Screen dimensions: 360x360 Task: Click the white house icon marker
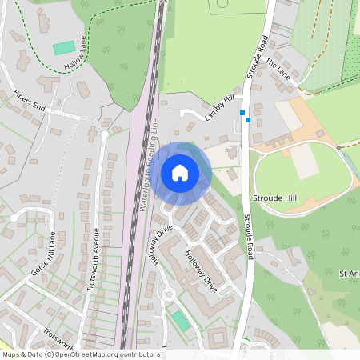click(x=180, y=172)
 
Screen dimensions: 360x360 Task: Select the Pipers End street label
click(x=30, y=98)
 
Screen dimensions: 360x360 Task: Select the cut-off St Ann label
click(x=349, y=274)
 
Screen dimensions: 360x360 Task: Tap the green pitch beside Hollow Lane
click(x=63, y=48)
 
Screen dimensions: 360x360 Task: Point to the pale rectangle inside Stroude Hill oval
click(x=304, y=162)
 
